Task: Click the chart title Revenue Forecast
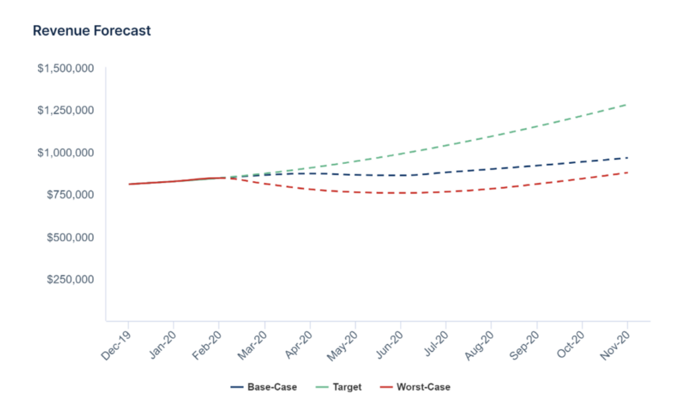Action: coord(92,31)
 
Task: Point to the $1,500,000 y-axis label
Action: coord(65,68)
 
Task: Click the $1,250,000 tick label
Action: coord(65,110)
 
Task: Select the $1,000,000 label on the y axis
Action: coord(65,153)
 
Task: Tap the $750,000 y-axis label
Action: coord(69,195)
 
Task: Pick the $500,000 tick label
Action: coord(69,237)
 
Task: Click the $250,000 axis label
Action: coord(69,279)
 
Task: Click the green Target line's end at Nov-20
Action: coord(627,104)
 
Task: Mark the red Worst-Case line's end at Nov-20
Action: coord(627,172)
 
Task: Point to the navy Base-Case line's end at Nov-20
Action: coord(627,157)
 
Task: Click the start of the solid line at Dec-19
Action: coord(130,184)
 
